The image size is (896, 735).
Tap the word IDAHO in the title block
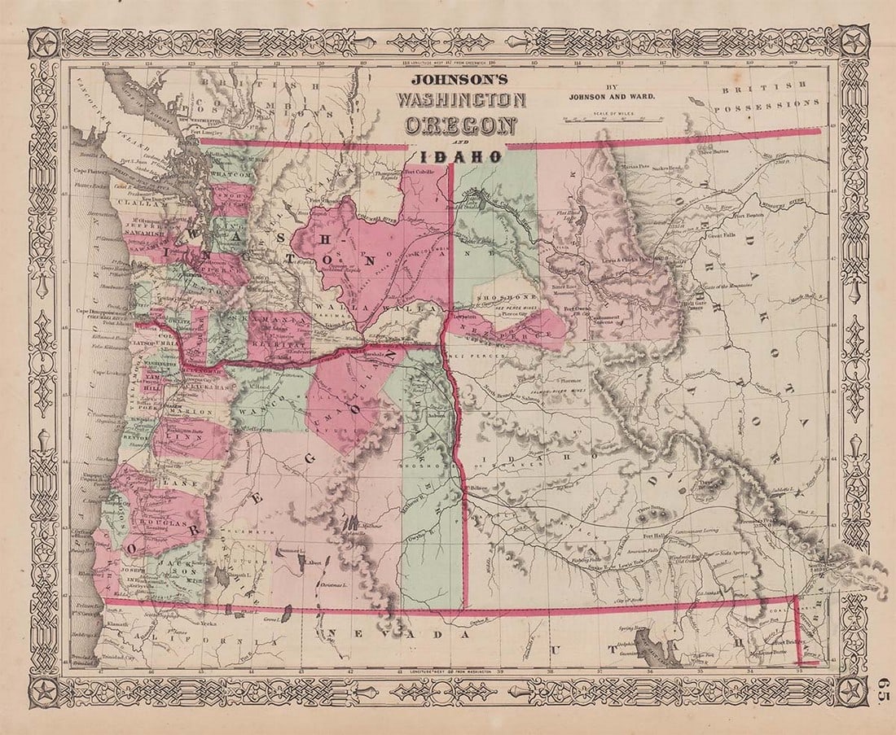(461, 155)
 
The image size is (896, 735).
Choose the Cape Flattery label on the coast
(91, 171)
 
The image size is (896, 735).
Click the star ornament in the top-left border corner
(44, 42)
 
